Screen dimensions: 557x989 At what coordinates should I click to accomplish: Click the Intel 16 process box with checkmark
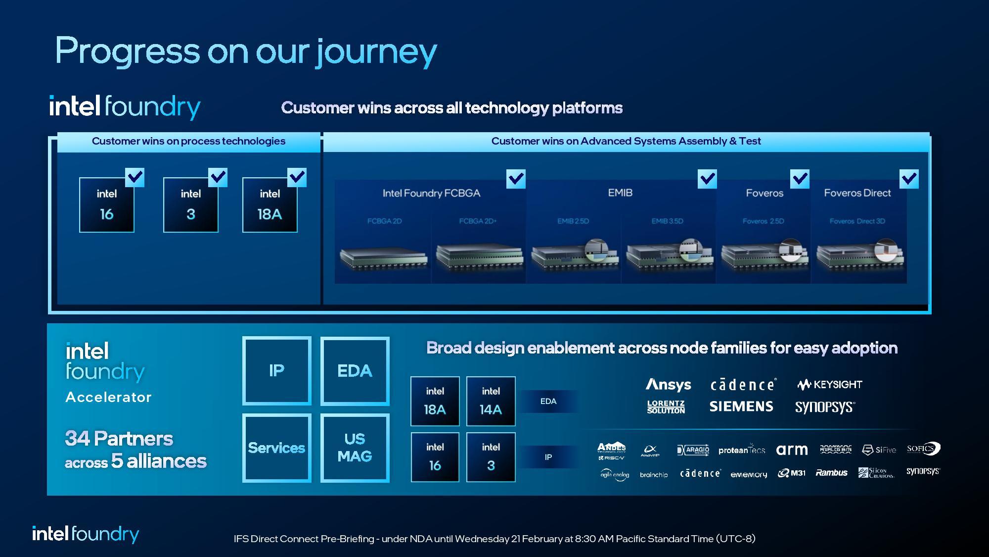pos(107,205)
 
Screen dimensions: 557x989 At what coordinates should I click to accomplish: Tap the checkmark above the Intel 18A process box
pos(297,177)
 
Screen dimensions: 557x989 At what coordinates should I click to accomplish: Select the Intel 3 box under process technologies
pos(191,205)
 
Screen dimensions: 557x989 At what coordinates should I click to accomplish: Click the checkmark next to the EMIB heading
pos(707,179)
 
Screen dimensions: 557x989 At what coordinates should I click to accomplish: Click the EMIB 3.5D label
pos(667,221)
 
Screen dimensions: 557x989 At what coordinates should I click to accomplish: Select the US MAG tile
pos(355,448)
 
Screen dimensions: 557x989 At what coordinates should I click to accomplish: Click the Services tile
pos(276,448)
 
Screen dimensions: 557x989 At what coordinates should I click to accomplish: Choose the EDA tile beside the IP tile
pos(355,371)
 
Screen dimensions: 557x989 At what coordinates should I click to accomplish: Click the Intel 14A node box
pos(491,401)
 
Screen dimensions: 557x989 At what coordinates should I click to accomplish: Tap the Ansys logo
pos(668,385)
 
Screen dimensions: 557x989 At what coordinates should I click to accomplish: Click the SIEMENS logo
pos(741,406)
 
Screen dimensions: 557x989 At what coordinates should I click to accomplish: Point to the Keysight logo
pos(830,384)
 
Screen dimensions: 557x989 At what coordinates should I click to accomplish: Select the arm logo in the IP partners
pos(792,450)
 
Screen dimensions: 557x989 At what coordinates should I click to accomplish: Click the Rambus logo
pos(831,473)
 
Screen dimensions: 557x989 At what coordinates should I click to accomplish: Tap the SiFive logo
pos(879,450)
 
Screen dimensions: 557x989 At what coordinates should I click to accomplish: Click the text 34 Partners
pos(119,439)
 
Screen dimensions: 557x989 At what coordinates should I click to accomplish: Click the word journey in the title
pos(376,51)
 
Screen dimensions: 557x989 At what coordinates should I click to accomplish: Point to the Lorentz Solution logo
pos(666,407)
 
